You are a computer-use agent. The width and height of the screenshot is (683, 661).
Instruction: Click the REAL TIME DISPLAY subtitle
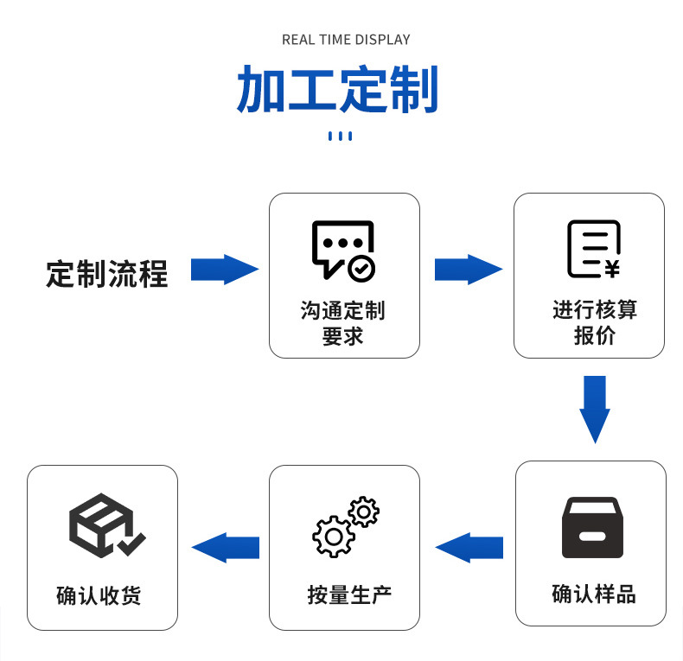point(346,40)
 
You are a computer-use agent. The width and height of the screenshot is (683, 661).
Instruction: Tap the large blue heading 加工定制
point(337,89)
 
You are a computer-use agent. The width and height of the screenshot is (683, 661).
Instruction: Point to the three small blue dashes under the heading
point(341,136)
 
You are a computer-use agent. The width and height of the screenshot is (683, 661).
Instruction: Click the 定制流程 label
point(106,274)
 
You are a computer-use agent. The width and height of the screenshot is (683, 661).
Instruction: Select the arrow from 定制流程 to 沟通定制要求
point(224,270)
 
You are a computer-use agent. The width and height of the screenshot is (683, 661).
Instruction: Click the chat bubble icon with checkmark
point(343,250)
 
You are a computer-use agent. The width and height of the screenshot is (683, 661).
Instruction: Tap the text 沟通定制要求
point(343,323)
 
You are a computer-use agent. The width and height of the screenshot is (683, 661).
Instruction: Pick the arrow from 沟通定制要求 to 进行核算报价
point(468,270)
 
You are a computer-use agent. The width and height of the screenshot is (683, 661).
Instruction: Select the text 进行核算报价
point(594,322)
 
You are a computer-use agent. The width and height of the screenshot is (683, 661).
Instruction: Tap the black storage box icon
point(592,527)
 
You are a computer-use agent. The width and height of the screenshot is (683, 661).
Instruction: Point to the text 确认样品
point(593,594)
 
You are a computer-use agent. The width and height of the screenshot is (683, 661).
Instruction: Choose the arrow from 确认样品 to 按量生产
point(469,547)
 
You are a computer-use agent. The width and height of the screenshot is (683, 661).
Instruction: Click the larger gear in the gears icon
point(333,536)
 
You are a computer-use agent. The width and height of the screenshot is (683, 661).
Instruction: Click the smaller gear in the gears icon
point(363,512)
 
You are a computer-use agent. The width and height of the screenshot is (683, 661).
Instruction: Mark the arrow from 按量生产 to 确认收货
point(226,547)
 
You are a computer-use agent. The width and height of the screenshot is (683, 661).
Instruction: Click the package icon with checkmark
point(104,524)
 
